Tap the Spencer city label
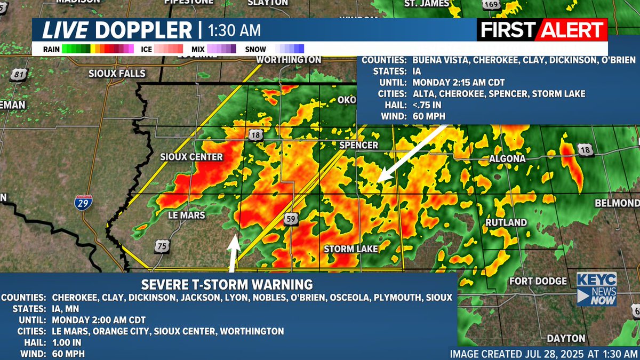click(358, 145)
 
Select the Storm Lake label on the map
click(351, 249)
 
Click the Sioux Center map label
click(191, 157)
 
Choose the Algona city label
click(507, 159)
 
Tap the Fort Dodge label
click(538, 281)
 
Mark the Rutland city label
click(506, 222)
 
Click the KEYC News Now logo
click(596, 289)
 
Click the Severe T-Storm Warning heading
click(227, 284)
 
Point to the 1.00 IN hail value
click(67, 342)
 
